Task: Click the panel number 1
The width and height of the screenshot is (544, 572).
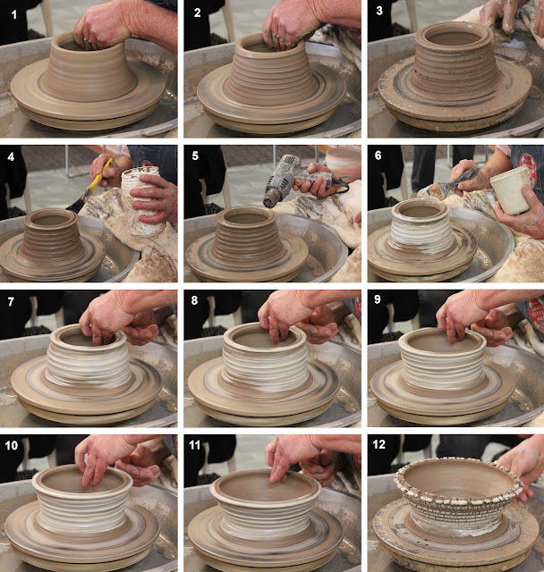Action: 14,14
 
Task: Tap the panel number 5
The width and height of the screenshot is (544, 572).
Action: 195,156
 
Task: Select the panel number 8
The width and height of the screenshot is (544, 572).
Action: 194,300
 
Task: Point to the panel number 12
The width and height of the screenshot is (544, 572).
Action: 379,444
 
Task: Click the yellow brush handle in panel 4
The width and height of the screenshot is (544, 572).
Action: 98,177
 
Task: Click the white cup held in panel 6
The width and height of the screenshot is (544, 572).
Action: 510,189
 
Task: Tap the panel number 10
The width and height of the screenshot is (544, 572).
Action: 11,445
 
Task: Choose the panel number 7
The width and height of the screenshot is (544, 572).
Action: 11,301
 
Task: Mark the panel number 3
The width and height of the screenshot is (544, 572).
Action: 379,11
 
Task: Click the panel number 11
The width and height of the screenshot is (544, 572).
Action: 194,445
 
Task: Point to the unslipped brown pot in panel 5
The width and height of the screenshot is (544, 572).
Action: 247,235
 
